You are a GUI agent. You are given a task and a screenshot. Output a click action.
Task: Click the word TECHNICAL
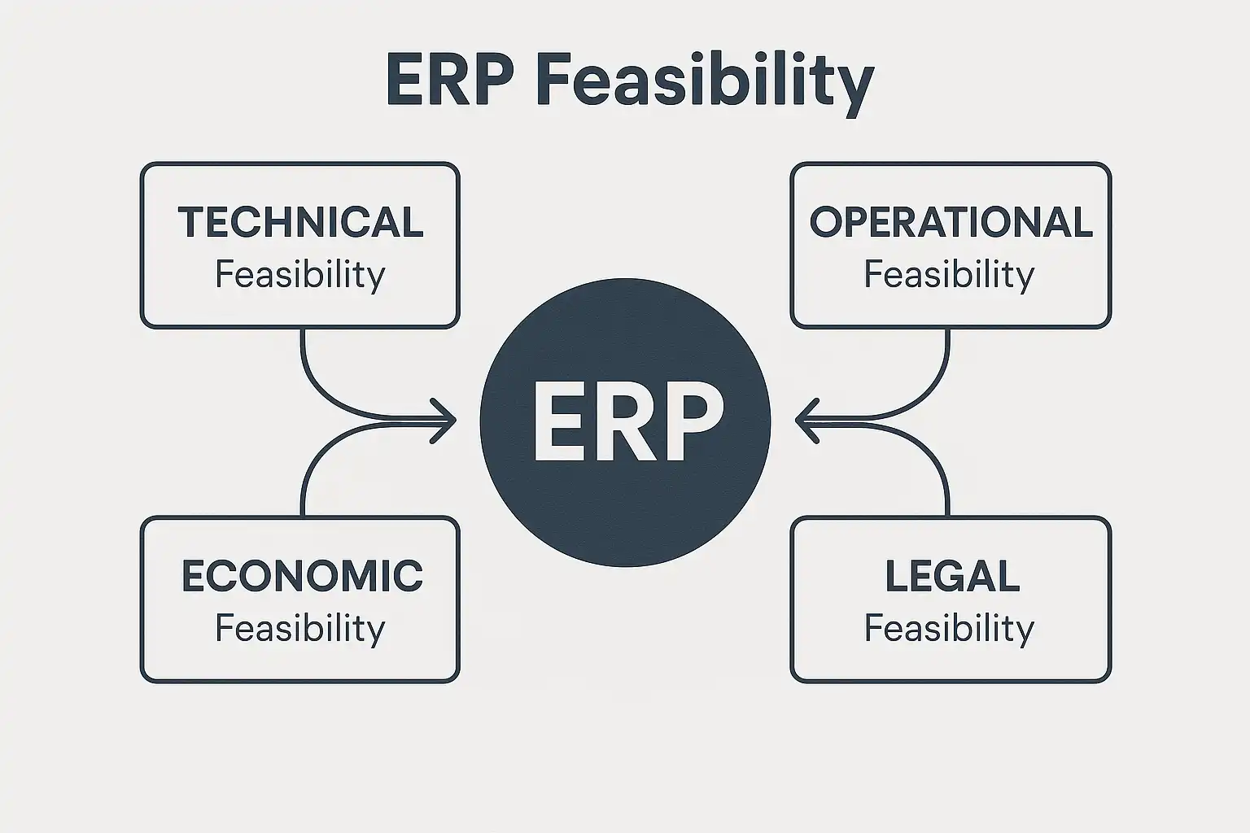(x=300, y=222)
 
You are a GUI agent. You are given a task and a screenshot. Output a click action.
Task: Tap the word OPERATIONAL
(x=951, y=222)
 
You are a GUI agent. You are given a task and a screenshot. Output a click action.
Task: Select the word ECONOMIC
(x=301, y=576)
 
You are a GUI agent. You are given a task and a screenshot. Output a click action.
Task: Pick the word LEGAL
(x=951, y=576)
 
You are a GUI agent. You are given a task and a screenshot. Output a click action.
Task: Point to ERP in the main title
(x=450, y=81)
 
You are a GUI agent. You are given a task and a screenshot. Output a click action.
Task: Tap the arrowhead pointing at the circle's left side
(x=446, y=421)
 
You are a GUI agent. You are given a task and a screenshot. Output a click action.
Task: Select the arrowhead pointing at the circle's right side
(x=805, y=421)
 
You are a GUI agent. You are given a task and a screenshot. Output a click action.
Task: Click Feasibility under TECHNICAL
(x=299, y=275)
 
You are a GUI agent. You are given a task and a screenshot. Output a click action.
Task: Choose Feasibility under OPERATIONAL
(x=949, y=275)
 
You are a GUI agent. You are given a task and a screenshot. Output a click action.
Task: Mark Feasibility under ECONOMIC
(x=299, y=629)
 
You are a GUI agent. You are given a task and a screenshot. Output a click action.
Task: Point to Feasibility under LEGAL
(x=949, y=629)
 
